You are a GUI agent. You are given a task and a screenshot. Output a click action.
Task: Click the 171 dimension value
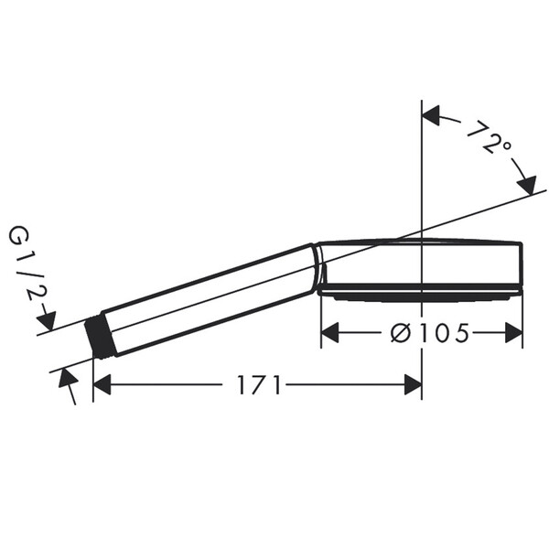click(x=259, y=385)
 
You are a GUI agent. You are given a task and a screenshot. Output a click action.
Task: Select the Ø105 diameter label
click(x=430, y=333)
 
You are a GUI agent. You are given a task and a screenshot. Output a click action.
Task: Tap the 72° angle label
click(x=490, y=137)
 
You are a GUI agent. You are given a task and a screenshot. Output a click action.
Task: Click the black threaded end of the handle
click(x=97, y=338)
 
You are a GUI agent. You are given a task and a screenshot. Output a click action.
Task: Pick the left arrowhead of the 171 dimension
click(x=102, y=385)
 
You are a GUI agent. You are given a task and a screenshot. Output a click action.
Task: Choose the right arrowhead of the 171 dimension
click(x=413, y=385)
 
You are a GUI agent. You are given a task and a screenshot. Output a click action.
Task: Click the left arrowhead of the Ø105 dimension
click(x=329, y=333)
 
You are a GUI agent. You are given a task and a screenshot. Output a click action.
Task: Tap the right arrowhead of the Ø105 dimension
click(x=513, y=333)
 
